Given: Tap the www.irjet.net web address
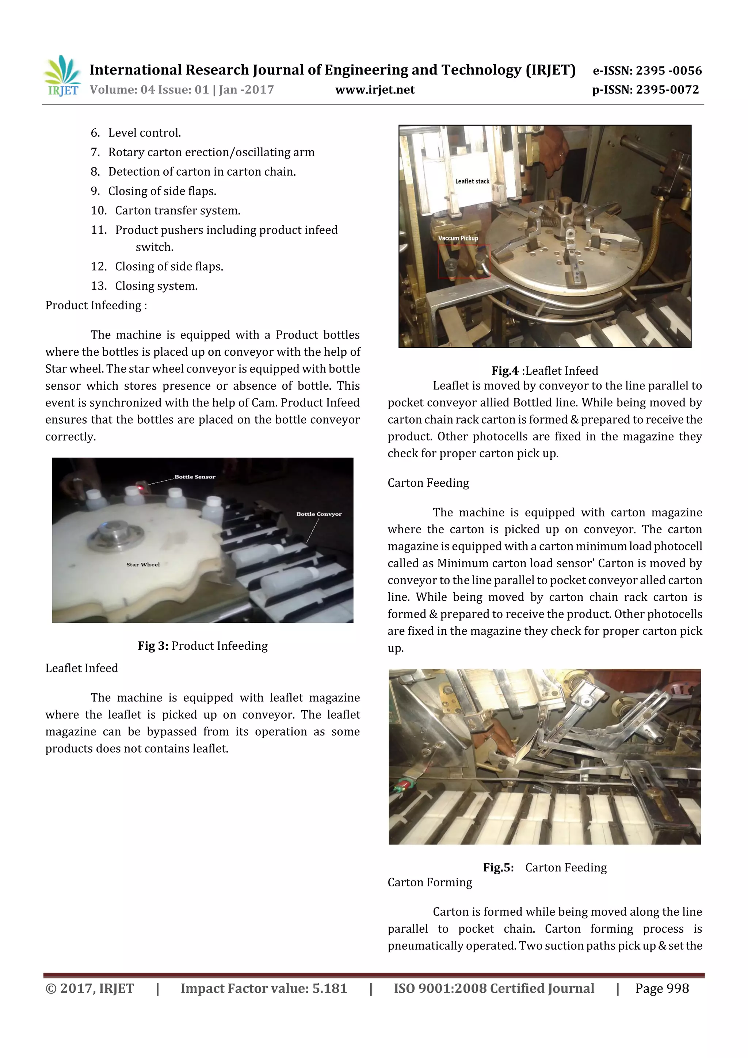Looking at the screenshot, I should pos(375,90).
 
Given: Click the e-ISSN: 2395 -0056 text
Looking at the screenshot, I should pos(646,70).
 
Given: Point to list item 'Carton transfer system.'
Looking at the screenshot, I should pos(178,211).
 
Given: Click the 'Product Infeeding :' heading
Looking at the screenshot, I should pos(96,306).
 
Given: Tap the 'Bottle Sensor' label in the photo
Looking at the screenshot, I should pos(195,477).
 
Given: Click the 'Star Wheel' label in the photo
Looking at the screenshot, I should pos(143,565).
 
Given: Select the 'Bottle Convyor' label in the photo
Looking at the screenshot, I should pos(319,514).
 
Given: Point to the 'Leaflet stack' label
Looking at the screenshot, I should pos(472,182).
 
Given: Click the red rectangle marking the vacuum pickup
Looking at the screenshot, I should pos(463,261).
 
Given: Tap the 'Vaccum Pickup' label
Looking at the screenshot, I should pos(458,238).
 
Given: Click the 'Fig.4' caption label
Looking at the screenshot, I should pos(505,371).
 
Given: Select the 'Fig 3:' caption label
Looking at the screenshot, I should pos(153,646).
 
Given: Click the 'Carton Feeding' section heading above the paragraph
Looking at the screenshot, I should pos(428,483).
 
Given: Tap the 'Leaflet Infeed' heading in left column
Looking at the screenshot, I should pos(81,668).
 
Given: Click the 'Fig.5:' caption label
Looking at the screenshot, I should pos(498,868).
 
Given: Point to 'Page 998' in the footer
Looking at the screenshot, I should pos(662,988).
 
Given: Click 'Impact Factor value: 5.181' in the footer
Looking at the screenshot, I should pos(264,988).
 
